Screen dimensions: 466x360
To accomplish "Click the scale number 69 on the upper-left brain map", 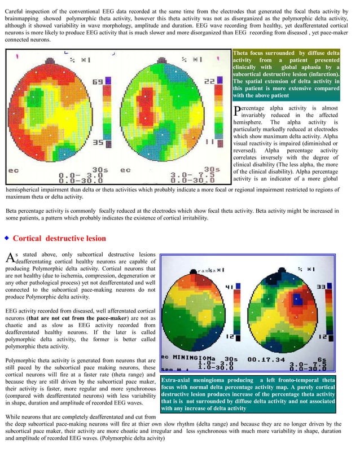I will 97,82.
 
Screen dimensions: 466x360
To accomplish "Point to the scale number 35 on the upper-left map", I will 97,143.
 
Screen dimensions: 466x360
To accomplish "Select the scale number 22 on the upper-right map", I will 209,81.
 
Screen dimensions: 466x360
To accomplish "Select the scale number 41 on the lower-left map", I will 229,288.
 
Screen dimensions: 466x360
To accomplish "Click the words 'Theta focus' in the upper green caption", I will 247,53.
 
